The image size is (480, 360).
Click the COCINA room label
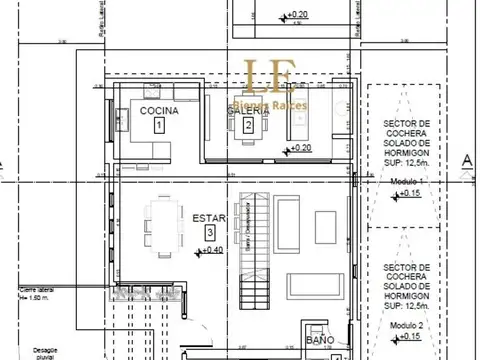(160, 110)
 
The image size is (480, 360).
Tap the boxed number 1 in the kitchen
(159, 126)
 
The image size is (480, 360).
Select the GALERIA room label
(249, 112)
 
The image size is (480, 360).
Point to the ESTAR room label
(207, 216)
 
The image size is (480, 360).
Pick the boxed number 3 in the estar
(208, 232)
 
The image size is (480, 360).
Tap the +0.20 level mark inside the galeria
(301, 149)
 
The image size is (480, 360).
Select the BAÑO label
(320, 341)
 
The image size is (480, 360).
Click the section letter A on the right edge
(465, 160)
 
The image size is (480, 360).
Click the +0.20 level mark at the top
(297, 16)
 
